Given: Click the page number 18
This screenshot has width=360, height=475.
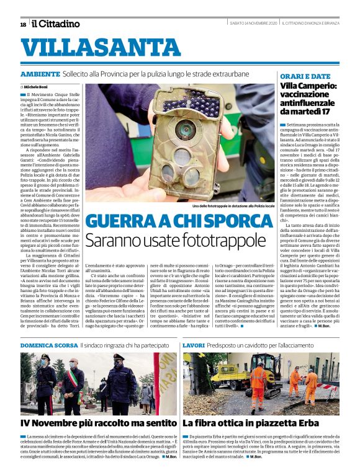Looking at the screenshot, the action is [x=23, y=24].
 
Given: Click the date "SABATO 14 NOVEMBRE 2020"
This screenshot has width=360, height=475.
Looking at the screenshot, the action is [x=253, y=24].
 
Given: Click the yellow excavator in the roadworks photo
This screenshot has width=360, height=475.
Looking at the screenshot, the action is [x=228, y=375].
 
